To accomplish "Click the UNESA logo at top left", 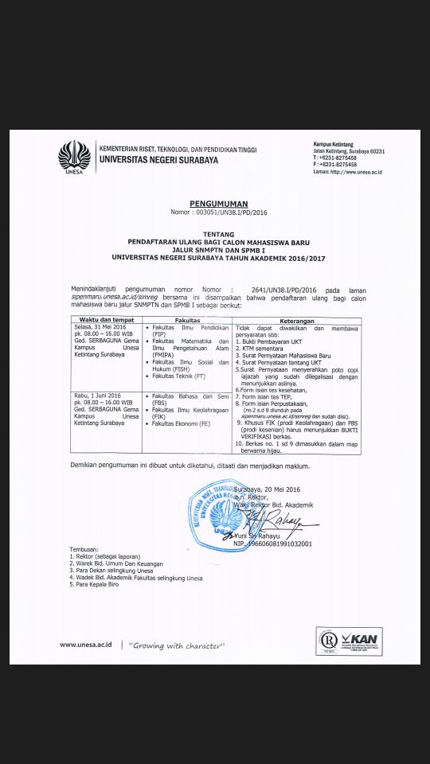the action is tap(74, 156).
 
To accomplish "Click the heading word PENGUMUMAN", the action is tap(218, 205).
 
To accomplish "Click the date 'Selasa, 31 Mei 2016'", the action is tap(100, 327).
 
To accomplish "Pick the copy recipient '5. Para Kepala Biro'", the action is tap(100, 585).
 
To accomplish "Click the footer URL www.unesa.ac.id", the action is tap(85, 644).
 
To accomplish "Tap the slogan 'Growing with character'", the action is tap(175, 645).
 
